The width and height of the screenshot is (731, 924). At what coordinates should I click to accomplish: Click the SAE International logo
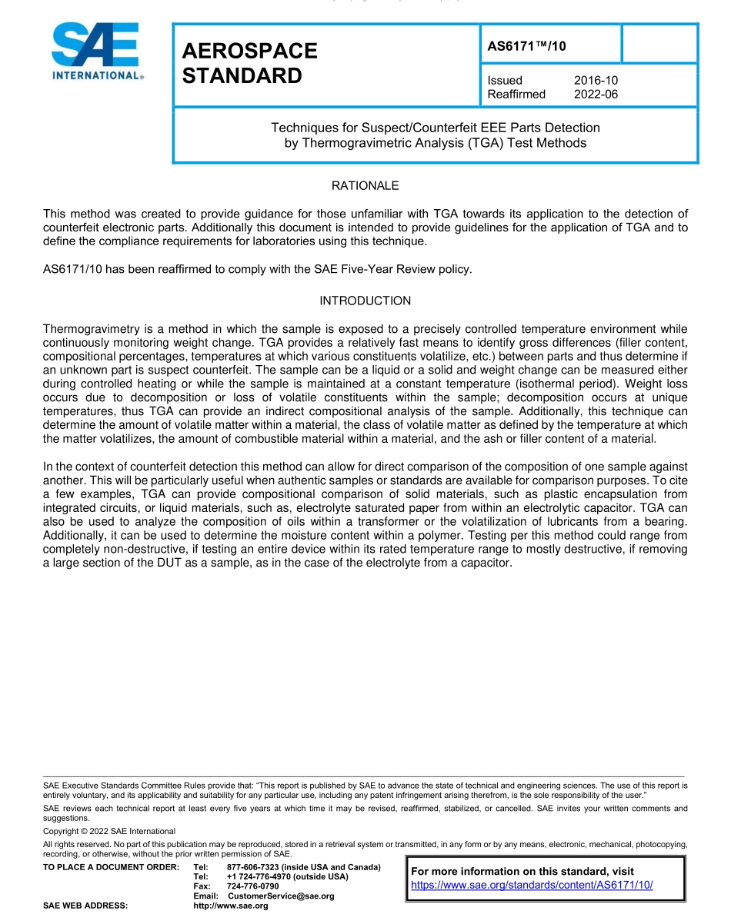tap(97, 51)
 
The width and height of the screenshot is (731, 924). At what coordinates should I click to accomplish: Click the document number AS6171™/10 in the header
tap(526, 46)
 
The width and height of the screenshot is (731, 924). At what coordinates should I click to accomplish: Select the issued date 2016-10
tap(596, 81)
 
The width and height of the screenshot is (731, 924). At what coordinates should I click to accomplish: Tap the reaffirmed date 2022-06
tap(596, 95)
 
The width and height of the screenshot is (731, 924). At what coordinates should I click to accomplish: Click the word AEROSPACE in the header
tap(249, 51)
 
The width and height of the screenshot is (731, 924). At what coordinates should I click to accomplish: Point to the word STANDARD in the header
tap(242, 76)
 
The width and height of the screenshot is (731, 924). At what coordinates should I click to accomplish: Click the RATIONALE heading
tap(365, 186)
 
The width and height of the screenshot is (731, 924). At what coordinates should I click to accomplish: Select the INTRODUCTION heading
tap(365, 301)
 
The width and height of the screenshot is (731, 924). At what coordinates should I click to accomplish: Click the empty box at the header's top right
tap(659, 44)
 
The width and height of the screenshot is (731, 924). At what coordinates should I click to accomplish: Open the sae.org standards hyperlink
tap(532, 885)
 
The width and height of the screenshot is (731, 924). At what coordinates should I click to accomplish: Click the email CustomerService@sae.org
tap(281, 896)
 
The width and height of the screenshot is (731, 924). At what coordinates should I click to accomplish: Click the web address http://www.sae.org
tap(231, 906)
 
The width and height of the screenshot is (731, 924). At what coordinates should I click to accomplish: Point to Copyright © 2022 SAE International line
tap(109, 831)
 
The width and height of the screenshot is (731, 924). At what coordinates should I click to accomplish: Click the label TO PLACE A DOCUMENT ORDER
tap(111, 867)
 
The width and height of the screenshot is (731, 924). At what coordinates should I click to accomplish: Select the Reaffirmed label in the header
tap(516, 95)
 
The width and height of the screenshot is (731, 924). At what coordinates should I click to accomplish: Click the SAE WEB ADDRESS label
tap(85, 906)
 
